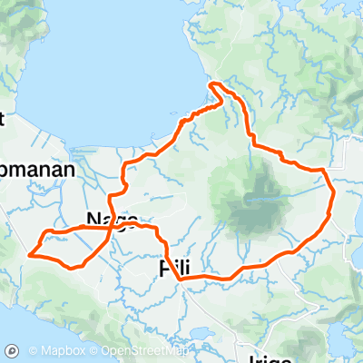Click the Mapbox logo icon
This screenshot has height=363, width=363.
(x=13, y=350)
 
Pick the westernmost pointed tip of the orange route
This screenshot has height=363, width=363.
(x=31, y=255)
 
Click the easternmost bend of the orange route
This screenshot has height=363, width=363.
(x=333, y=193)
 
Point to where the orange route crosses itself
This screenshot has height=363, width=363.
(x=112, y=230)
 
